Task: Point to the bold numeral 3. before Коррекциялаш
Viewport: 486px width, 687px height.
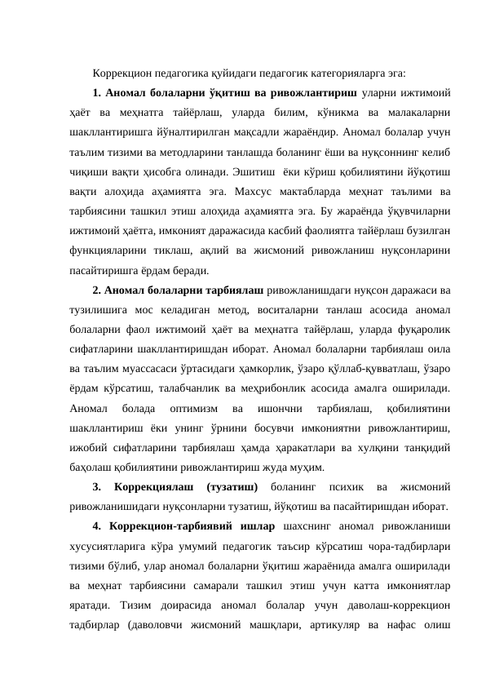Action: (96, 485)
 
